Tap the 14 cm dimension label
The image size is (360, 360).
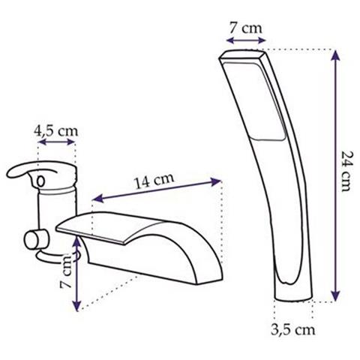(154, 181)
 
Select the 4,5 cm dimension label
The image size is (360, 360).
(56, 130)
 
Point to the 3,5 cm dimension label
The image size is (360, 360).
(292, 330)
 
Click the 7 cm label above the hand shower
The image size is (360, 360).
(246, 28)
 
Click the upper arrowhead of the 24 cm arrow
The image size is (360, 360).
(335, 55)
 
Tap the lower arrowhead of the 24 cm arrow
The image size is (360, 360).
(335, 296)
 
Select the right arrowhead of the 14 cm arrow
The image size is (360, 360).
(216, 181)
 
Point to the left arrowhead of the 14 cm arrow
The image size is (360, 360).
(97, 198)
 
